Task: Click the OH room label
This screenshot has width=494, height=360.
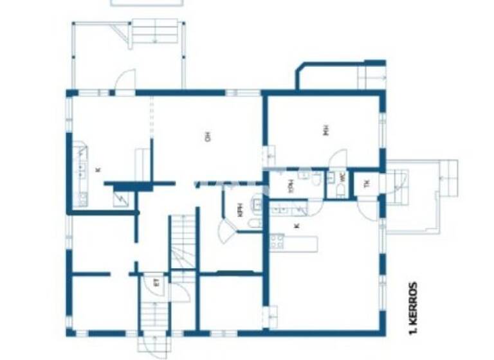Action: click(208, 136)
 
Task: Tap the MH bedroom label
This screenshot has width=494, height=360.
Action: click(326, 131)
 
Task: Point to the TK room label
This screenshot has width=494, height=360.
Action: click(367, 183)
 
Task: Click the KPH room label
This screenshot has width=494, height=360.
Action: click(240, 210)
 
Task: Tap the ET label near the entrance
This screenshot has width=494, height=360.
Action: click(155, 282)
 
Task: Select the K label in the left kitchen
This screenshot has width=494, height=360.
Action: click(98, 170)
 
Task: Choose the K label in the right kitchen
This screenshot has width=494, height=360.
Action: click(297, 226)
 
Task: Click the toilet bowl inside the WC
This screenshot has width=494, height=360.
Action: click(340, 190)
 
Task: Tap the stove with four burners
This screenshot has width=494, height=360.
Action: click(277, 242)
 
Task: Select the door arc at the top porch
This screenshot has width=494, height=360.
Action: click(125, 81)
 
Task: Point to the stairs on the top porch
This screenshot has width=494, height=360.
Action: click(154, 31)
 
